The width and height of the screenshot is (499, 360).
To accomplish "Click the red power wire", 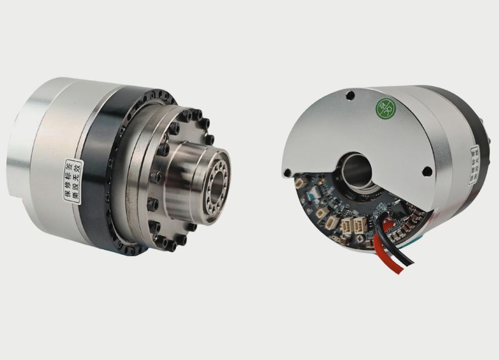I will click(x=396, y=256).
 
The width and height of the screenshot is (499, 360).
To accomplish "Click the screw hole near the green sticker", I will click(x=350, y=95).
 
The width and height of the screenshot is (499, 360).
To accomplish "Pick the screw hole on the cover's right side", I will click(x=427, y=171).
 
